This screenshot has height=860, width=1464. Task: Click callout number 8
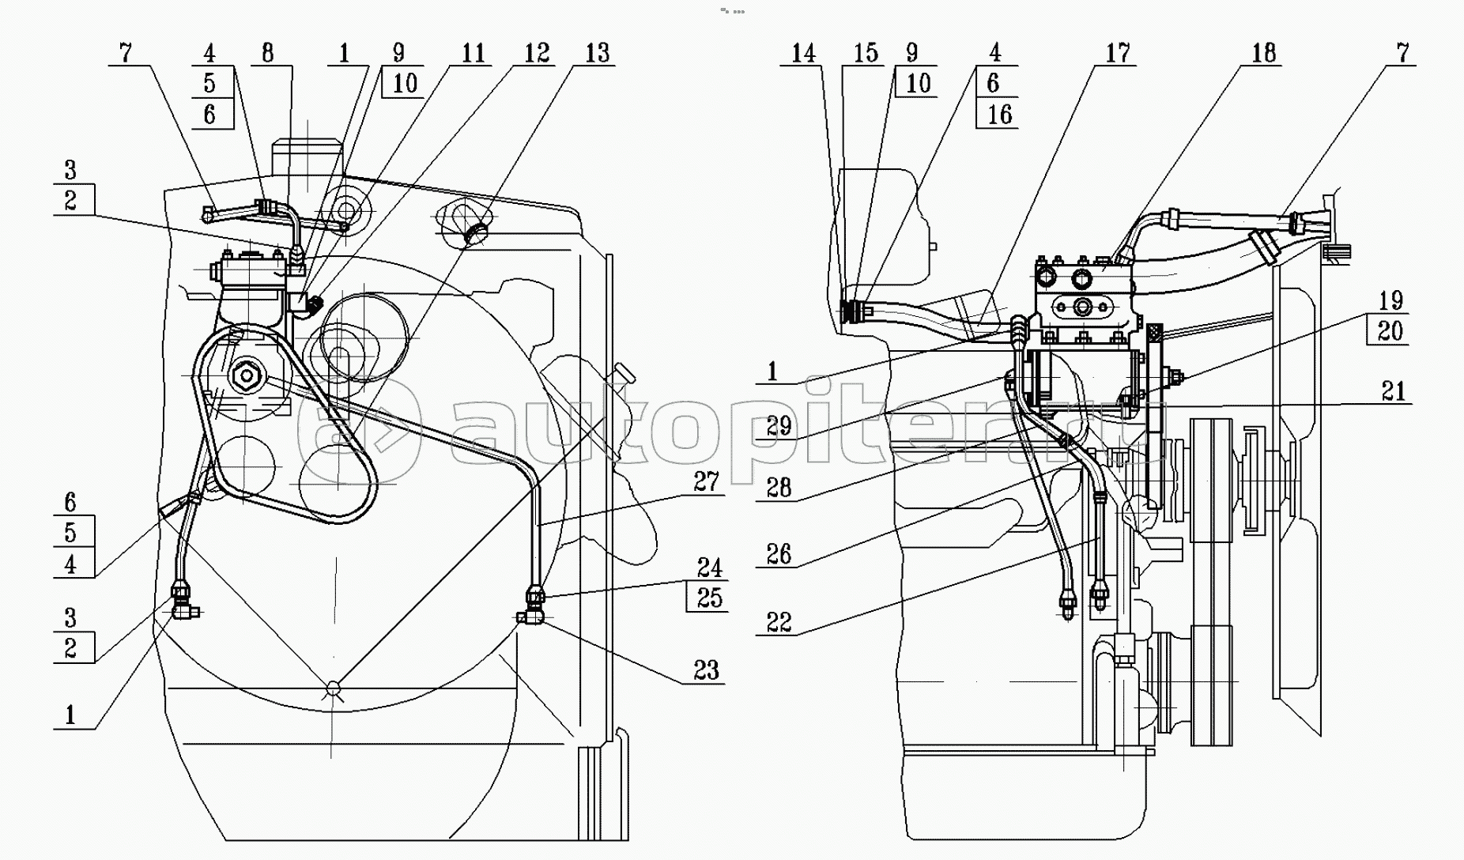click(x=267, y=53)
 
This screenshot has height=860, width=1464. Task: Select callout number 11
click(x=473, y=53)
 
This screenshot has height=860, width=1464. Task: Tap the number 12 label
click(x=537, y=53)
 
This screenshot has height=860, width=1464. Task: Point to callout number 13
click(x=598, y=53)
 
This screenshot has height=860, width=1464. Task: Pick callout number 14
click(x=803, y=53)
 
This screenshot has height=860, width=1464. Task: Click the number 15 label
click(x=866, y=53)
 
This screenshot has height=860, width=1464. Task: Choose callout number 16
click(x=999, y=114)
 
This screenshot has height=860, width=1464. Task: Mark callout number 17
click(x=1118, y=53)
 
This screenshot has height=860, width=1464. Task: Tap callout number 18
click(x=1264, y=53)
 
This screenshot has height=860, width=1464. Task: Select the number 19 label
click(x=1390, y=300)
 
